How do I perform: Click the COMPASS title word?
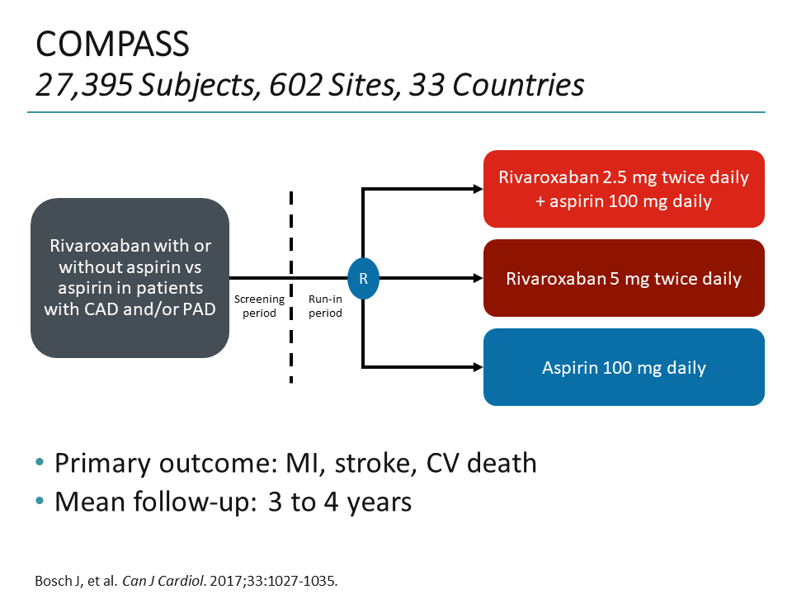tap(113, 45)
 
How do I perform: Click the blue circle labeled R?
tap(363, 278)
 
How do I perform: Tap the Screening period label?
tap(259, 306)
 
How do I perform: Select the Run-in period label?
tap(325, 306)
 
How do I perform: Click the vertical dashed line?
tap(291, 247)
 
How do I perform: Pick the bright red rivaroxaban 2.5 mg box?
tap(624, 189)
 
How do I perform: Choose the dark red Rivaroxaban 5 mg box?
tap(624, 278)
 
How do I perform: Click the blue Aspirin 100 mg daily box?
tap(624, 367)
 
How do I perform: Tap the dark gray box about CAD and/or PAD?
tap(130, 278)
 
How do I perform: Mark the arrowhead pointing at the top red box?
tap(478, 189)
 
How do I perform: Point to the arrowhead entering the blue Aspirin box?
tap(478, 367)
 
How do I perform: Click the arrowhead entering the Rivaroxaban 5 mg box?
tap(478, 278)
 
